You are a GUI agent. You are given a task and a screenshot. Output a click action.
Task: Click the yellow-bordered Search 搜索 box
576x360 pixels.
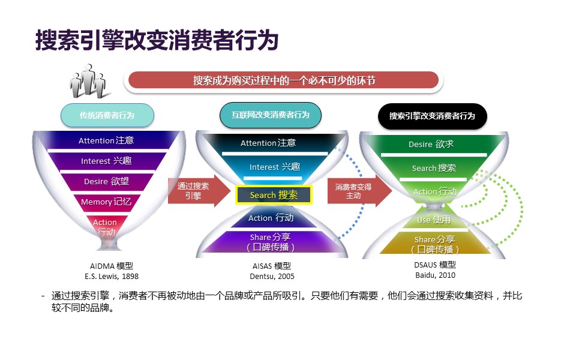pyautogui.click(x=273, y=194)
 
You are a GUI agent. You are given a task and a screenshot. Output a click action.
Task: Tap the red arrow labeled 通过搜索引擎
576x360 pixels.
pyautogui.click(x=195, y=191)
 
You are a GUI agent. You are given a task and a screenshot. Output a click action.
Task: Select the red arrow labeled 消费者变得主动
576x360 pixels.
pyautogui.click(x=355, y=191)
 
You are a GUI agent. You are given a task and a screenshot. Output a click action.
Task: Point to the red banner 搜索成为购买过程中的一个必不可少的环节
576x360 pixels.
pyautogui.click(x=284, y=80)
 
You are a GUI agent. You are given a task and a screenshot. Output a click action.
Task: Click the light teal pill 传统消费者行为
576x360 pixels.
pyautogui.click(x=107, y=115)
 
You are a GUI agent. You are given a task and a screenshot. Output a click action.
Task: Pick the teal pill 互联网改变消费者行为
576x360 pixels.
pyautogui.click(x=271, y=115)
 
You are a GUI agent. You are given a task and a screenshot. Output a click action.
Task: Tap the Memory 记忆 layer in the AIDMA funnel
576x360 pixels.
pyautogui.click(x=106, y=202)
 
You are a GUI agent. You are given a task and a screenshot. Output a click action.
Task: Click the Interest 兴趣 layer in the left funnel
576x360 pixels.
pyautogui.click(x=106, y=161)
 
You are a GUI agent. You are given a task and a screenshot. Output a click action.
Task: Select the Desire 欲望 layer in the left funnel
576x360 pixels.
pyautogui.click(x=106, y=181)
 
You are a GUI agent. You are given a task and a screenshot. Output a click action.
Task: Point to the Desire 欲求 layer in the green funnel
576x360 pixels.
pyautogui.click(x=431, y=144)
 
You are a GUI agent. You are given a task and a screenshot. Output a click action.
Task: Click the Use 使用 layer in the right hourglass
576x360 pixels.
pyautogui.click(x=433, y=220)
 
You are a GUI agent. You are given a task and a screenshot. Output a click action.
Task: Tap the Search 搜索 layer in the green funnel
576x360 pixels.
pyautogui.click(x=433, y=168)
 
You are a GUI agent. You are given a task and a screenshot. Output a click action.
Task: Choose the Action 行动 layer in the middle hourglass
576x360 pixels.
pyautogui.click(x=271, y=218)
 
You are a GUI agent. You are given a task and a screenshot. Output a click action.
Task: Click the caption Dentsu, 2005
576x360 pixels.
pyautogui.click(x=272, y=277)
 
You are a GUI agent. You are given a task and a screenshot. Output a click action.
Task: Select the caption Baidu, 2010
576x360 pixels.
pyautogui.click(x=435, y=275)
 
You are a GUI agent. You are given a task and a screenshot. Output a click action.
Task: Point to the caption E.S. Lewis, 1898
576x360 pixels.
pyautogui.click(x=112, y=277)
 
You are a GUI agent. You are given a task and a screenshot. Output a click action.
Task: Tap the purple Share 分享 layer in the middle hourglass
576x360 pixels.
pyautogui.click(x=271, y=242)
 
